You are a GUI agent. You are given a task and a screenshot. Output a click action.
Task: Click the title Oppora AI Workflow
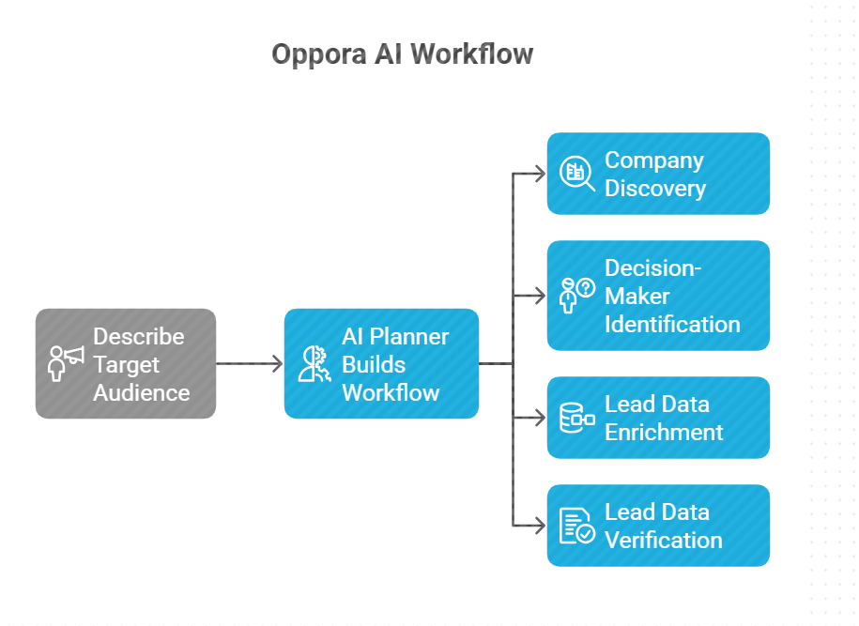[402, 53]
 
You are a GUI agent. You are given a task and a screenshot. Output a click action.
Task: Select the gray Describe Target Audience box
[126, 363]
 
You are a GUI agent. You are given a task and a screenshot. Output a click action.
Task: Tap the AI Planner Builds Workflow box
[381, 363]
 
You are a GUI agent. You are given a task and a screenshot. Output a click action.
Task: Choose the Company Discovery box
[658, 174]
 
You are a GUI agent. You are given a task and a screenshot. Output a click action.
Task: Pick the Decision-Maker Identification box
[658, 296]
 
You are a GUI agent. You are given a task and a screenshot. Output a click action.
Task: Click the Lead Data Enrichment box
[658, 418]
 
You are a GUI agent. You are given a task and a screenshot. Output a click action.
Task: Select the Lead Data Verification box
[658, 526]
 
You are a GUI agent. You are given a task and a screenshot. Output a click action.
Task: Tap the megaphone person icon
[66, 363]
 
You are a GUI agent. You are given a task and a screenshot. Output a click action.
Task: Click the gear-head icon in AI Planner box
[312, 363]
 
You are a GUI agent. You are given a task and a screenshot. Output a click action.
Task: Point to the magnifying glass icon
[576, 174]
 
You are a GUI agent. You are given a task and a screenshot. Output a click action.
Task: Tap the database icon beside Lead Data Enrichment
[576, 418]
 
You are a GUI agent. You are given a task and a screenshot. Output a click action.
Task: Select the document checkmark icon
[576, 526]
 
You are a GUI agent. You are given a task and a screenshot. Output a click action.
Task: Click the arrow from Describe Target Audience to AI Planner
[250, 363]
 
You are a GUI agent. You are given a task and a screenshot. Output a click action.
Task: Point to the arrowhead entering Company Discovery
[539, 174]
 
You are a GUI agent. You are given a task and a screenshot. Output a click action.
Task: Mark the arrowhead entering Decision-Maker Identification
[539, 296]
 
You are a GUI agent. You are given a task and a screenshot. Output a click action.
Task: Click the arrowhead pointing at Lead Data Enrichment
[539, 418]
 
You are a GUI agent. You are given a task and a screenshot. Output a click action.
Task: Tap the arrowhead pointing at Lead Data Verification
[539, 526]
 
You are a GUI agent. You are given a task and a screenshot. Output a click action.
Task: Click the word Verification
[663, 540]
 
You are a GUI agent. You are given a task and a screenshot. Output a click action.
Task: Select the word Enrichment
[663, 432]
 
